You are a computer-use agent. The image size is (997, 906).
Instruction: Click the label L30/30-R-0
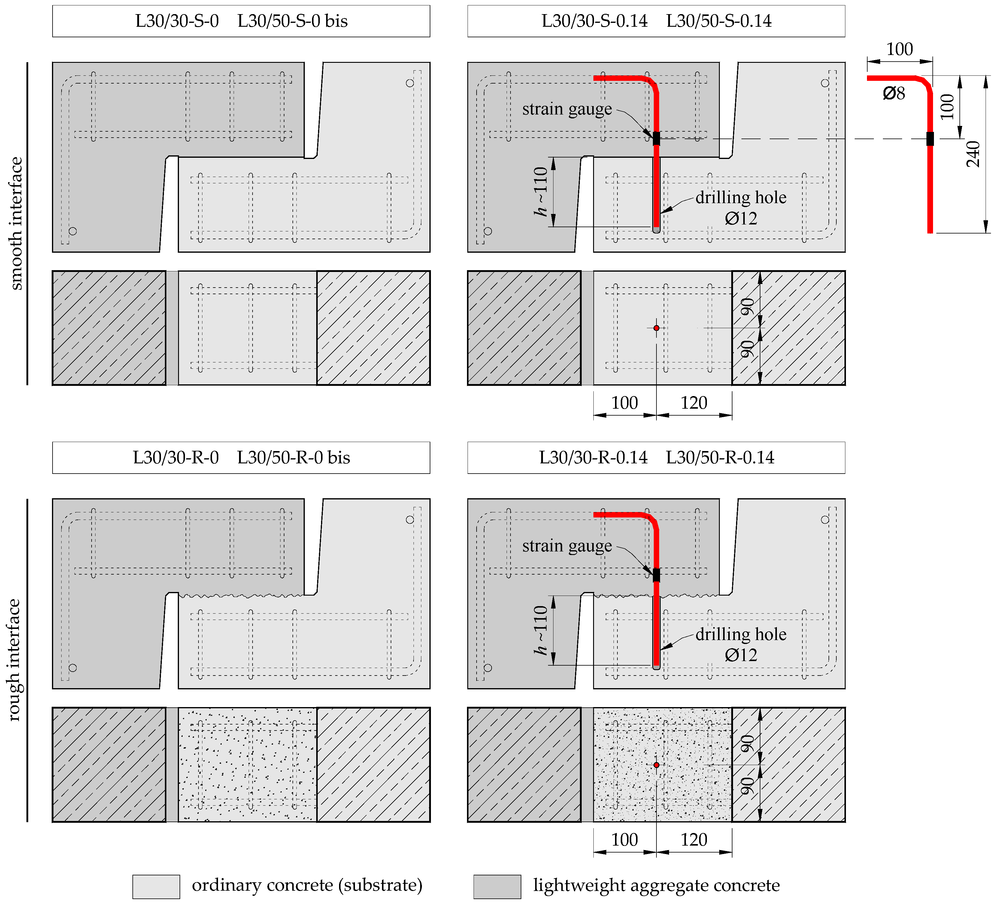[x=176, y=457]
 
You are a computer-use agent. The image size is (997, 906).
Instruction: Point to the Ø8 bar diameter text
[x=894, y=93]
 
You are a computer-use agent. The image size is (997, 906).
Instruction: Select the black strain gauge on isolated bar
[x=930, y=139]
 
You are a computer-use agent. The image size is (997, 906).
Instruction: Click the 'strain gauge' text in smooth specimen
[x=567, y=109]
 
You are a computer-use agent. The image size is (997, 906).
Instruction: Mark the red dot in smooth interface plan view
[x=656, y=328]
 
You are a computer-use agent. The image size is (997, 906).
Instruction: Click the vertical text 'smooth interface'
[x=16, y=224]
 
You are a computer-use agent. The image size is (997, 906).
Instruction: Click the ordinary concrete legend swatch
[x=156, y=886]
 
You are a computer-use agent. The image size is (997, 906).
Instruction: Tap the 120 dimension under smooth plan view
[x=693, y=403]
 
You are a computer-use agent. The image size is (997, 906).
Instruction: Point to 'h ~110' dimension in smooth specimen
[x=541, y=191]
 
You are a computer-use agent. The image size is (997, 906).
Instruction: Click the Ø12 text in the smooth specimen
[x=740, y=218]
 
